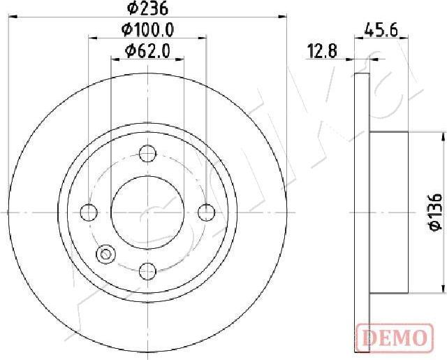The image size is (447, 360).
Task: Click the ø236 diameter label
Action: (147, 8)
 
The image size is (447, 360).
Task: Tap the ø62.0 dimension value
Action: (147, 50)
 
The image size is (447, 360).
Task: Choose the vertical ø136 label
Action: (433, 212)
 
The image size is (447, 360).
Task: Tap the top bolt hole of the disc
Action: (147, 152)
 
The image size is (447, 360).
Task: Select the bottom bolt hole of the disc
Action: (147, 270)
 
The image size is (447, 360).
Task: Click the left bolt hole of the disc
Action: (88, 211)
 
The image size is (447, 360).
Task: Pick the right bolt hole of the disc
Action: (205, 211)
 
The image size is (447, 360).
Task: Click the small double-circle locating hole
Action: (106, 255)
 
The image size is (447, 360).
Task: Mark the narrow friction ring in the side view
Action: (362, 210)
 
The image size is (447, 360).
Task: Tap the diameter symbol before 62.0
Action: (129, 50)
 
